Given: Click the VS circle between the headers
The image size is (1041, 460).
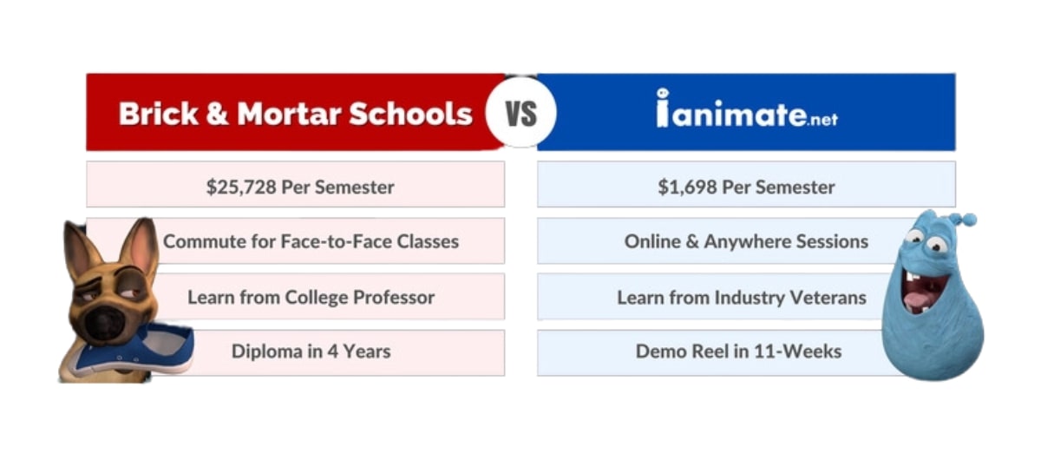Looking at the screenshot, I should click(520, 114).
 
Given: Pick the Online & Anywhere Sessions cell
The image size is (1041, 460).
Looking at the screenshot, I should click(746, 241).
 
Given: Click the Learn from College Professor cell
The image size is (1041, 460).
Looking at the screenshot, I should click(311, 298).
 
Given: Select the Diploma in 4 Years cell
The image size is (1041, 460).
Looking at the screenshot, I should click(311, 352).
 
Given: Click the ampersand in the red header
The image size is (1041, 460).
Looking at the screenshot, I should click(214, 114).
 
